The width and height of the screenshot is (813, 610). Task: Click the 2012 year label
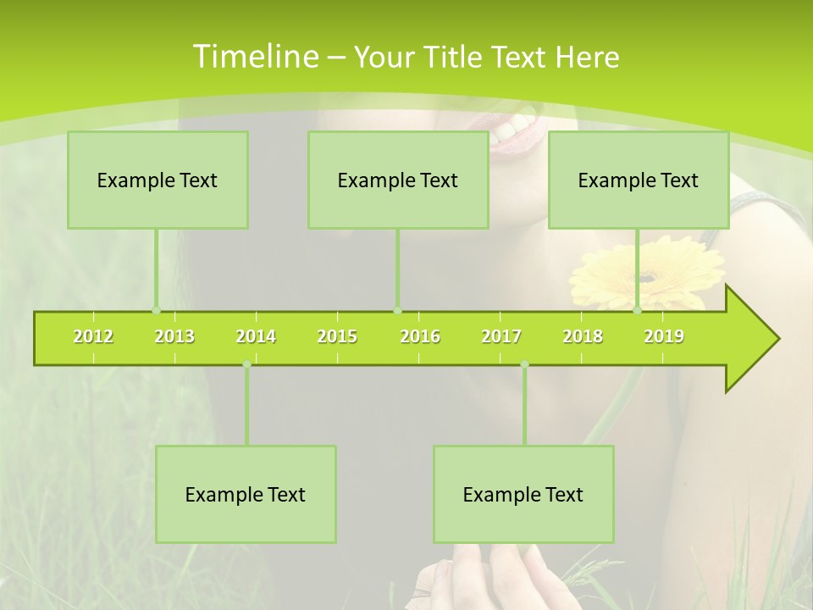click(93, 336)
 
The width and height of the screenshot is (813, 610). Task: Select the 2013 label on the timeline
click(174, 336)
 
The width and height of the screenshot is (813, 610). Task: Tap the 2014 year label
click(256, 336)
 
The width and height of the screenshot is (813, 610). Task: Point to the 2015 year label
click(337, 336)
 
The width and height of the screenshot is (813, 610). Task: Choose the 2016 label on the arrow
click(420, 336)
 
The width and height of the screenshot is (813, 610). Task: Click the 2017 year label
click(501, 336)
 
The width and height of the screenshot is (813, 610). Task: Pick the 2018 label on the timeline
click(583, 336)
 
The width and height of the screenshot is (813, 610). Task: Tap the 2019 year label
click(664, 336)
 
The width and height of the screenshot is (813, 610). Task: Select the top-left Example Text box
click(158, 180)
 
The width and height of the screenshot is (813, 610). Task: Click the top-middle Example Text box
click(398, 180)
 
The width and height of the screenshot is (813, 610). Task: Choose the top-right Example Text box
click(639, 180)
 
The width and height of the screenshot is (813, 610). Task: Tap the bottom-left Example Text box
click(246, 494)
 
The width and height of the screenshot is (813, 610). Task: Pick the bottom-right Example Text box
click(523, 494)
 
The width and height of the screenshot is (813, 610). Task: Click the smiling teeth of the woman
click(517, 127)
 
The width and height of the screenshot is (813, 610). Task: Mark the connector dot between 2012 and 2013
click(156, 311)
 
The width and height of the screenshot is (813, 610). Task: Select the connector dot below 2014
click(246, 364)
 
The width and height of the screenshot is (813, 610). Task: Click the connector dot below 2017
click(524, 364)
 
